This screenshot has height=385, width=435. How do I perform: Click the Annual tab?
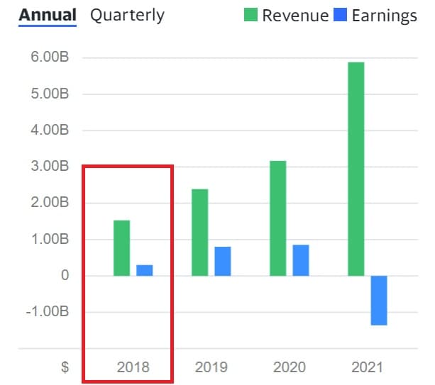pyautogui.click(x=47, y=15)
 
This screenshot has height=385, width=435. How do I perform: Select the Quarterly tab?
pyautogui.click(x=127, y=15)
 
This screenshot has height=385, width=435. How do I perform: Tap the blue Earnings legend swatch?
pyautogui.click(x=340, y=15)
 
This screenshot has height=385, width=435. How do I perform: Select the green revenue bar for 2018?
pyautogui.click(x=121, y=247)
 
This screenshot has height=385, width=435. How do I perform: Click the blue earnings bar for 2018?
pyautogui.click(x=145, y=270)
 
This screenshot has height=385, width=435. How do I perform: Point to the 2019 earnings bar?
pyautogui.click(x=223, y=261)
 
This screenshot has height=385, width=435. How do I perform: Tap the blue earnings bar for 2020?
pyautogui.click(x=301, y=260)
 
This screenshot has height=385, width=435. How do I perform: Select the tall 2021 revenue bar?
pyautogui.click(x=356, y=169)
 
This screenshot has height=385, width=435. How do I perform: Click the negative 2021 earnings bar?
pyautogui.click(x=379, y=300)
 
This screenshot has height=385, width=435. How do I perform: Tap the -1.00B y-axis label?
pyautogui.click(x=48, y=311)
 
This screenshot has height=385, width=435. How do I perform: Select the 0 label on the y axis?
pyautogui.click(x=65, y=275)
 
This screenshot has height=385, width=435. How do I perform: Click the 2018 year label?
pyautogui.click(x=133, y=367)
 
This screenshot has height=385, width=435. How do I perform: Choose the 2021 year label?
pyautogui.click(x=367, y=367)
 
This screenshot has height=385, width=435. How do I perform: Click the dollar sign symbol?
pyautogui.click(x=65, y=367)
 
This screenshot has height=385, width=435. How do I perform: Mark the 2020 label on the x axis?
pyautogui.click(x=289, y=367)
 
